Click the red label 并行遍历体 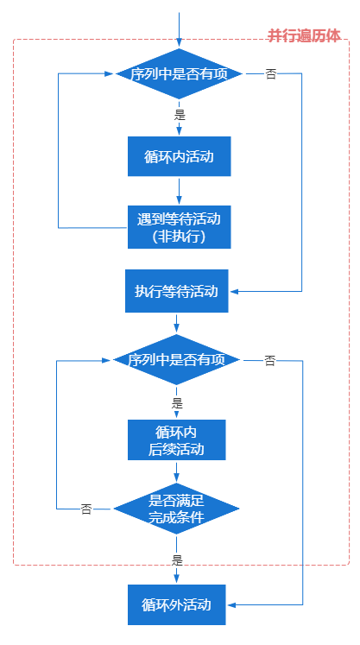303,35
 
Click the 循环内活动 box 179,156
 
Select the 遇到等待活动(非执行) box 179,226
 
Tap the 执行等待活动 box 176,291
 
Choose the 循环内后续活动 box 176,439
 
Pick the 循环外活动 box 176,604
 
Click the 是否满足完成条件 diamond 176,509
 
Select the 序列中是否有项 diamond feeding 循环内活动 179,74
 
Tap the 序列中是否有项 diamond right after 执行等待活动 176,359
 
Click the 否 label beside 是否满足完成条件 86,509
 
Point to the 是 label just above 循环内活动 180,114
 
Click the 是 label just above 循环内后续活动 177,402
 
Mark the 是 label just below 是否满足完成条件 177,560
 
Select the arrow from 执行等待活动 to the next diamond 176,323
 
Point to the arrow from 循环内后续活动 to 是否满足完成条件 176,471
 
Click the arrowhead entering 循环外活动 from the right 232,604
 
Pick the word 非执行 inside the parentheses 179,236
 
